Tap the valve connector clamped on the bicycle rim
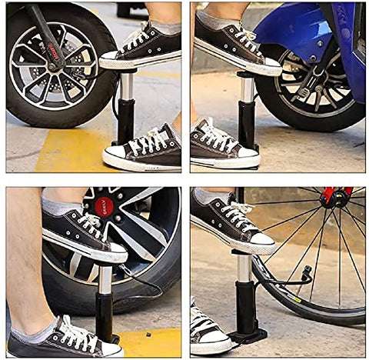306,274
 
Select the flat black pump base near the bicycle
249,335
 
